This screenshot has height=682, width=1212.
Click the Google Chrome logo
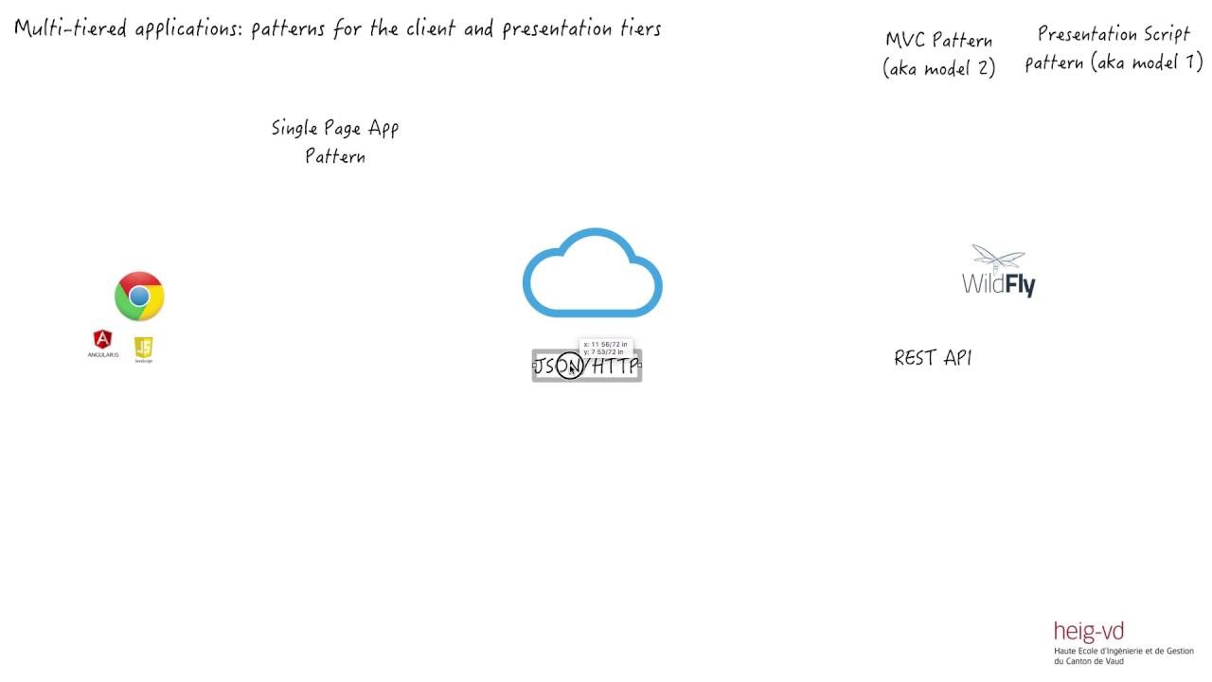139,296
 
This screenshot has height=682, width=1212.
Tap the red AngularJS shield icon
102,340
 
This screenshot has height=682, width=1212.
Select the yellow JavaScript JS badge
143,348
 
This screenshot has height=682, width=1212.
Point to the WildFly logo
999,273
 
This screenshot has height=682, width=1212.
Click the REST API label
933,358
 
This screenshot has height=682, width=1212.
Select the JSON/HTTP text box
587,366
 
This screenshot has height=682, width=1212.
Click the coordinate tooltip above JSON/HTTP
605,348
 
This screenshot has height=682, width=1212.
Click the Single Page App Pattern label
335,142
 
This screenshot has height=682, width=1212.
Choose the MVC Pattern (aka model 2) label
939,54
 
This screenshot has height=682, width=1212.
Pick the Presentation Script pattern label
1114,48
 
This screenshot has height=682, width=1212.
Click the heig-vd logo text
1089,633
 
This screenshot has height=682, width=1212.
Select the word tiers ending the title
640,28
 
